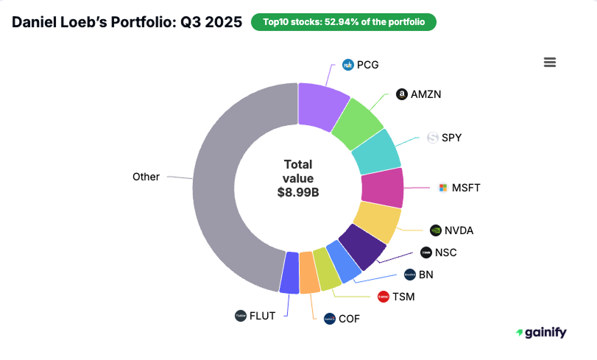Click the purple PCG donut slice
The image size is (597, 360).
[x=322, y=104]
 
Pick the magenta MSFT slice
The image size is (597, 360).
[x=382, y=187]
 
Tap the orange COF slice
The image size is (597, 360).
[x=309, y=272]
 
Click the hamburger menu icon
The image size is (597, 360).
[x=549, y=63]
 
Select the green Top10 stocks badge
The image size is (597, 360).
[x=344, y=22]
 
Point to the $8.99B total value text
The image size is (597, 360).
[x=298, y=192]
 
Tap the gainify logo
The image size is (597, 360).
[x=541, y=333]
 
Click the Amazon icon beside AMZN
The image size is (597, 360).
[x=401, y=94]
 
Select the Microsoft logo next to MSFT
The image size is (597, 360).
[x=442, y=188]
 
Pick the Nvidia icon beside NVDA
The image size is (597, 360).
[x=436, y=230]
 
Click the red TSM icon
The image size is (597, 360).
[x=383, y=297]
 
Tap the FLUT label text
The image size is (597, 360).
[x=263, y=316]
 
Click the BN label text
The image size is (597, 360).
[x=426, y=275]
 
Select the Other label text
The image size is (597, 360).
[x=146, y=177]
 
